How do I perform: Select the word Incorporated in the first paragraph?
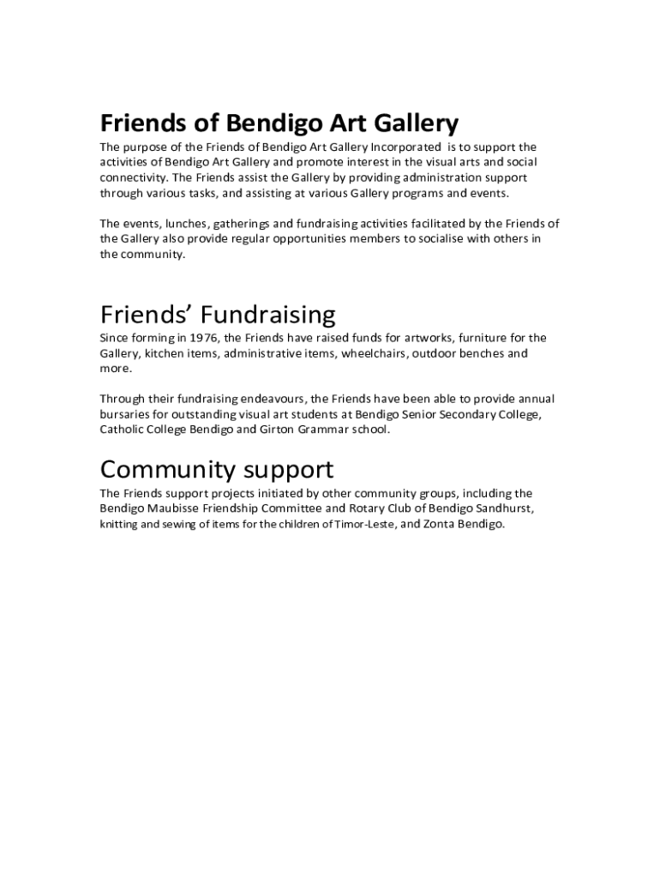(x=405, y=147)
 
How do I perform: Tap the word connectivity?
(x=133, y=177)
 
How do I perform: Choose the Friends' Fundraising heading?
(x=218, y=314)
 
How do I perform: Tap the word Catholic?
(x=123, y=430)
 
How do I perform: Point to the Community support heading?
(x=217, y=469)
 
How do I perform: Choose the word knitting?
(x=118, y=525)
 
